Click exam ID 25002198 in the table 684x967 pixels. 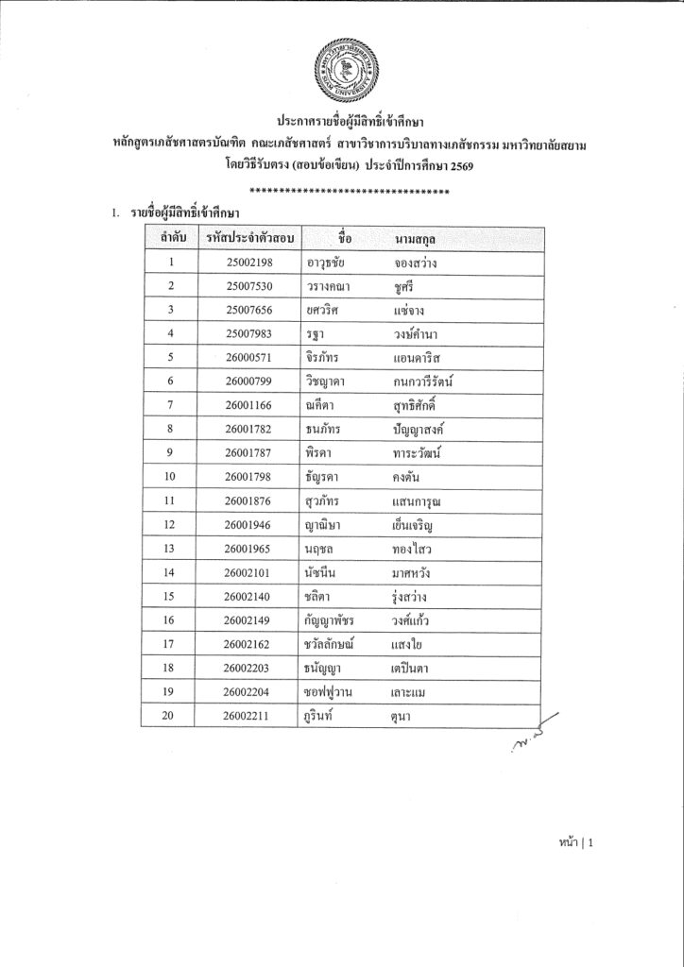[x=249, y=262]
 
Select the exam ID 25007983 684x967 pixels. [x=249, y=334]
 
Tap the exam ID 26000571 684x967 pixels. [x=249, y=358]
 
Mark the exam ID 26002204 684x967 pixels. [x=249, y=693]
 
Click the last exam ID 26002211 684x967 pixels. [x=249, y=717]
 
